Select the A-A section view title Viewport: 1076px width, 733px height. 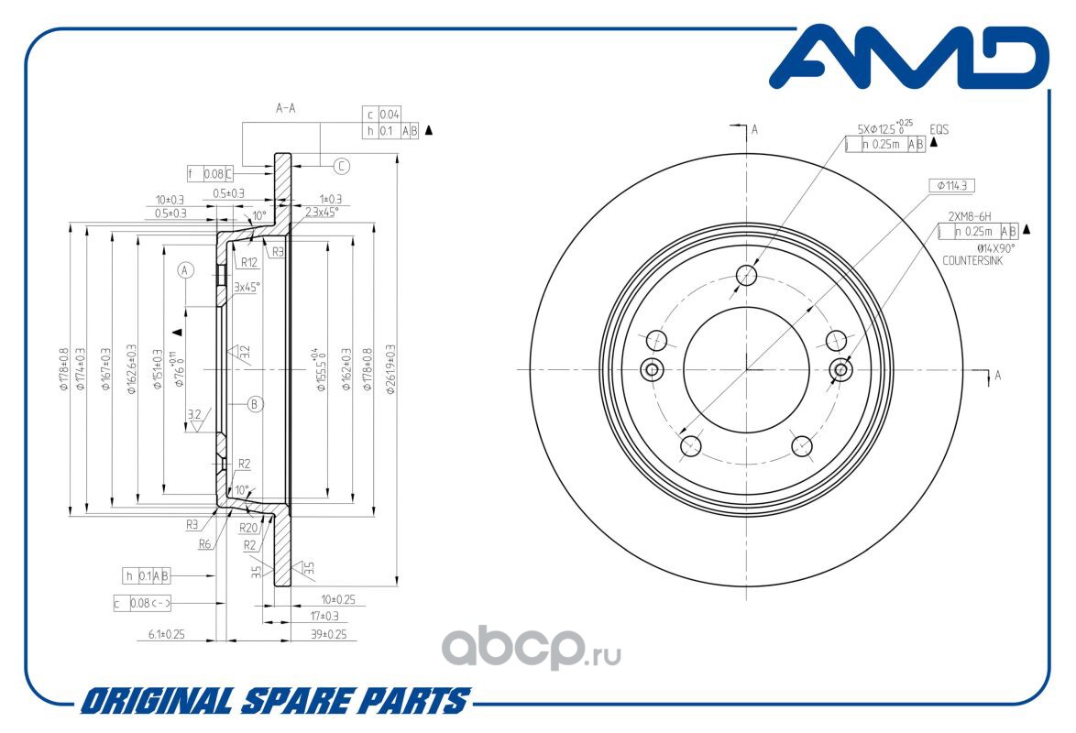click(x=286, y=108)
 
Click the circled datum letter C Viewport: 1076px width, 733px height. click(x=341, y=166)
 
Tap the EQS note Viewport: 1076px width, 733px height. click(x=939, y=130)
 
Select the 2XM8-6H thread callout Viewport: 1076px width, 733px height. click(x=969, y=216)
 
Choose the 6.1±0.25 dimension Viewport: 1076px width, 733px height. click(x=167, y=634)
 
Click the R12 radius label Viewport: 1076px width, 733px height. click(x=248, y=262)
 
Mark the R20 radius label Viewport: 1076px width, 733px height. click(x=248, y=529)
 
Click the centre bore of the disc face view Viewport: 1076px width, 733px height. click(x=747, y=369)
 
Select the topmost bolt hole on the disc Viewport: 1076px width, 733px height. click(x=748, y=275)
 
